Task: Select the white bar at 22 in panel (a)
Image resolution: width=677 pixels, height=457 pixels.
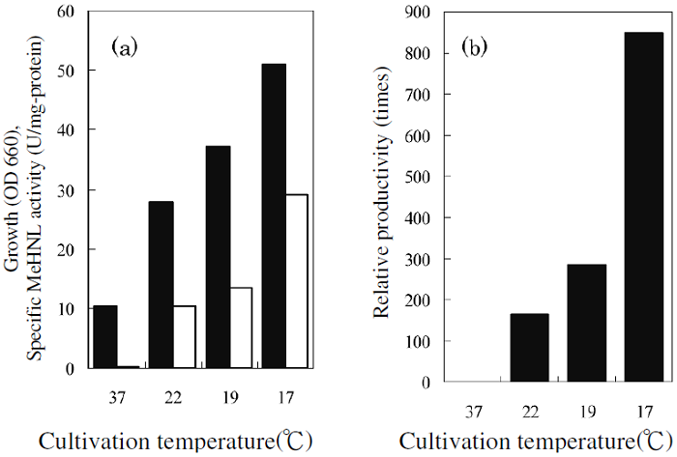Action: tap(184, 336)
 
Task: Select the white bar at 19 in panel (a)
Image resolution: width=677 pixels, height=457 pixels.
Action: tap(240, 328)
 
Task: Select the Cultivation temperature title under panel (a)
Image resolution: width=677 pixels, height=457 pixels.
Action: tap(174, 441)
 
